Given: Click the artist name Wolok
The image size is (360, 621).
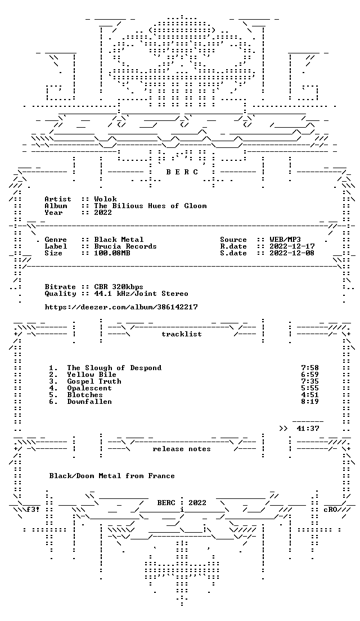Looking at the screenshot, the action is pos(105,199).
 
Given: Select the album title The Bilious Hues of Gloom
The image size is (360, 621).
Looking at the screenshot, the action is pos(150,206).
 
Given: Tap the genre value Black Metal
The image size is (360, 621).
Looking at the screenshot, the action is pos(119,240).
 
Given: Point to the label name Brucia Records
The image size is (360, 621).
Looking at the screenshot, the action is pos(125,246).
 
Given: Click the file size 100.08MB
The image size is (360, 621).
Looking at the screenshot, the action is pos(112,253).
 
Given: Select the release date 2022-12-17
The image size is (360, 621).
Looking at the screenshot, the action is pos(292,246).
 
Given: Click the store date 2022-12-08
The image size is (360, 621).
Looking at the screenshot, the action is pos(292,253).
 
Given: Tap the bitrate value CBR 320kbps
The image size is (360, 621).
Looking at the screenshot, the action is pos(119,287).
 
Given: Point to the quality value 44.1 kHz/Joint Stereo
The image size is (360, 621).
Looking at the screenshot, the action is pos(141,294).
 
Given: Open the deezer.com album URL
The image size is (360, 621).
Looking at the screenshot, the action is pos(121,307).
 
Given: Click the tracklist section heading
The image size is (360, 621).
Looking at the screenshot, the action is pos(182,334).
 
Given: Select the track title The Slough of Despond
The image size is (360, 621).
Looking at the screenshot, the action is pos(114,368).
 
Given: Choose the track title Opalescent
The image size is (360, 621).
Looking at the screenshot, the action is pos(89,388).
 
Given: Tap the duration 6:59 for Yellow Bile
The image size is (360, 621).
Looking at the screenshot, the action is pos(310,375).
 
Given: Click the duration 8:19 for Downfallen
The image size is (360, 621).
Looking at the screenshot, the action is pos(310,402).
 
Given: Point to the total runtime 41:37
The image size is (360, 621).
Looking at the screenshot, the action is pos(308,429).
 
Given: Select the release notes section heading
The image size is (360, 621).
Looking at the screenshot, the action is pos(182,449).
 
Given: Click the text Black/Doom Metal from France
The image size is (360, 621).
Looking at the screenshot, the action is pos(112,476).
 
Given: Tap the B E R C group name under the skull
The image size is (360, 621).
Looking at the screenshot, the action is pos(182,172).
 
